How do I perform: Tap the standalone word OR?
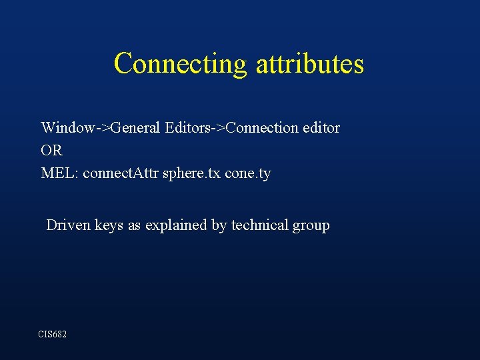(x=51, y=151)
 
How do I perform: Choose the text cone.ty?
(x=248, y=174)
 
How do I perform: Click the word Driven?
(x=68, y=225)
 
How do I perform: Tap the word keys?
(x=109, y=225)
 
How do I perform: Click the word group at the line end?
(x=311, y=226)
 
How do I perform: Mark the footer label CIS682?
(x=53, y=333)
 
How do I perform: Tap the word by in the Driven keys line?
(x=219, y=226)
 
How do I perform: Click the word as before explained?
(x=135, y=225)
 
